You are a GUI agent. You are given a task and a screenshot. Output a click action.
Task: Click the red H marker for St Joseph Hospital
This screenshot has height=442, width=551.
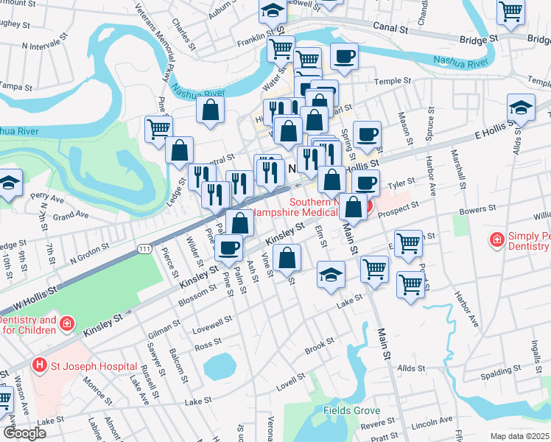click(38, 365)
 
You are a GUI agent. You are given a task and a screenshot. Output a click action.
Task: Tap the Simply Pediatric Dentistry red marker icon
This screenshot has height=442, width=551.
click(497, 240)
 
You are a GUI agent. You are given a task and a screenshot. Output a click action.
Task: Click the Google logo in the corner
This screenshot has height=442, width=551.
click(24, 432)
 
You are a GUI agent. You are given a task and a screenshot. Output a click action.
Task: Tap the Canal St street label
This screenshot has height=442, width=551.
click(393, 29)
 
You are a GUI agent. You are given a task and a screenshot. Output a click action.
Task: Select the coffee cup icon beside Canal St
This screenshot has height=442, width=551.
click(343, 55)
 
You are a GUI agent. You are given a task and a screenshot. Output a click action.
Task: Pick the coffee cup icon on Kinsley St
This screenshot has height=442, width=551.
click(229, 248)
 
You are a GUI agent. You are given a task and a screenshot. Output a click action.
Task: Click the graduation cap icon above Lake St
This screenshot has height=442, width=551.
click(331, 274)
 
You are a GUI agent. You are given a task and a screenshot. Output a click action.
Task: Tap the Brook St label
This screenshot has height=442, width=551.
click(320, 346)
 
